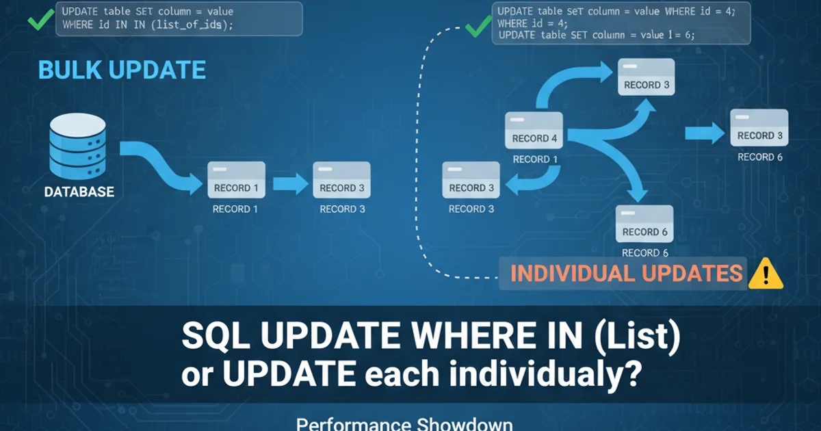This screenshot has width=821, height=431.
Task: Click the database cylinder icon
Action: coord(78,146)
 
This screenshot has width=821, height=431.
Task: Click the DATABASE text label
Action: coord(79,192)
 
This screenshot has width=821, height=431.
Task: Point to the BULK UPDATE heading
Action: coord(122,70)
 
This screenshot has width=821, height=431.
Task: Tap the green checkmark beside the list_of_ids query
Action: coord(41,19)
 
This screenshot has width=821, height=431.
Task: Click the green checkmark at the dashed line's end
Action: coord(478,27)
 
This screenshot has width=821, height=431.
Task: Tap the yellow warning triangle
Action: coord(766,274)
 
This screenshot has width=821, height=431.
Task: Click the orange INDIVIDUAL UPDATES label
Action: coord(627,274)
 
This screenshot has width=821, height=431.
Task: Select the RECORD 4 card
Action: coord(534,130)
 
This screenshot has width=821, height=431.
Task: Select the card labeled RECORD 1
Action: coord(237,179)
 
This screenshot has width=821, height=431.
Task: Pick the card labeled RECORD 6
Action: coord(644,224)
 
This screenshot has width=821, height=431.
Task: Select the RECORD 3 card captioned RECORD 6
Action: coord(759,127)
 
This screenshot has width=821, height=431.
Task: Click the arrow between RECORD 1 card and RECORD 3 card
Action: coord(290,183)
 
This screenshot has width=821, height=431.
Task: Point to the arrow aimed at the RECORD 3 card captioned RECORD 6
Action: coord(705,133)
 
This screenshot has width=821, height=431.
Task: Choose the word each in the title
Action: coord(402,374)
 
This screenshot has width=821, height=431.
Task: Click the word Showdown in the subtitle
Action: coord(465,424)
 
